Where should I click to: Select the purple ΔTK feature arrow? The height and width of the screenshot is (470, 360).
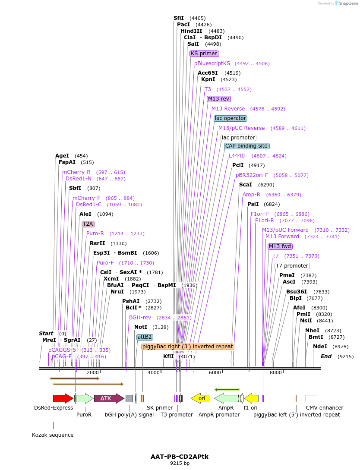(x=109, y=398)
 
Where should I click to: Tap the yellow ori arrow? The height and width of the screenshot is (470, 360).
(x=200, y=398)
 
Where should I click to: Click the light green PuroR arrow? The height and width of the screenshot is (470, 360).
(x=85, y=398)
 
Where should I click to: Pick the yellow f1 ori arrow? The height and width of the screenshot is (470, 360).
(x=251, y=398)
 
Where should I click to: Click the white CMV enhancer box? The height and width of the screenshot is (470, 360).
(x=311, y=398)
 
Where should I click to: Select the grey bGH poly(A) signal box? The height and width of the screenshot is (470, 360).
(x=129, y=398)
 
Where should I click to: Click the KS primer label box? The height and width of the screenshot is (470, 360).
(x=204, y=54)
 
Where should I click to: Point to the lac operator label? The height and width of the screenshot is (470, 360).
(x=231, y=118)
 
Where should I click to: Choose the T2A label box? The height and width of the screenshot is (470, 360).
(x=88, y=224)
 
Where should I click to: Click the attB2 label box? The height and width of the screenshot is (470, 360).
(x=145, y=337)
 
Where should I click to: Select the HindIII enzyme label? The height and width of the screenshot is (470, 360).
(x=191, y=31)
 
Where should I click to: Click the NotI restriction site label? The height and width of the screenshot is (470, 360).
(x=141, y=327)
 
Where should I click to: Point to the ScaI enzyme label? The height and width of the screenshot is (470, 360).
(x=246, y=185)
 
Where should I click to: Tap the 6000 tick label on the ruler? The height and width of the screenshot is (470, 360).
(x=215, y=372)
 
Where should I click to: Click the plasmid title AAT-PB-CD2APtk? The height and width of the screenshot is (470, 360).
(x=180, y=456)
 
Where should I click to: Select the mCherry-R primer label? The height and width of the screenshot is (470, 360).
(x=76, y=172)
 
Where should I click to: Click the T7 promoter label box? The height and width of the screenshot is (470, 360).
(x=292, y=266)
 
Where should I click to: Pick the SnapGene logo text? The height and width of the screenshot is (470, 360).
(x=349, y=3)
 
